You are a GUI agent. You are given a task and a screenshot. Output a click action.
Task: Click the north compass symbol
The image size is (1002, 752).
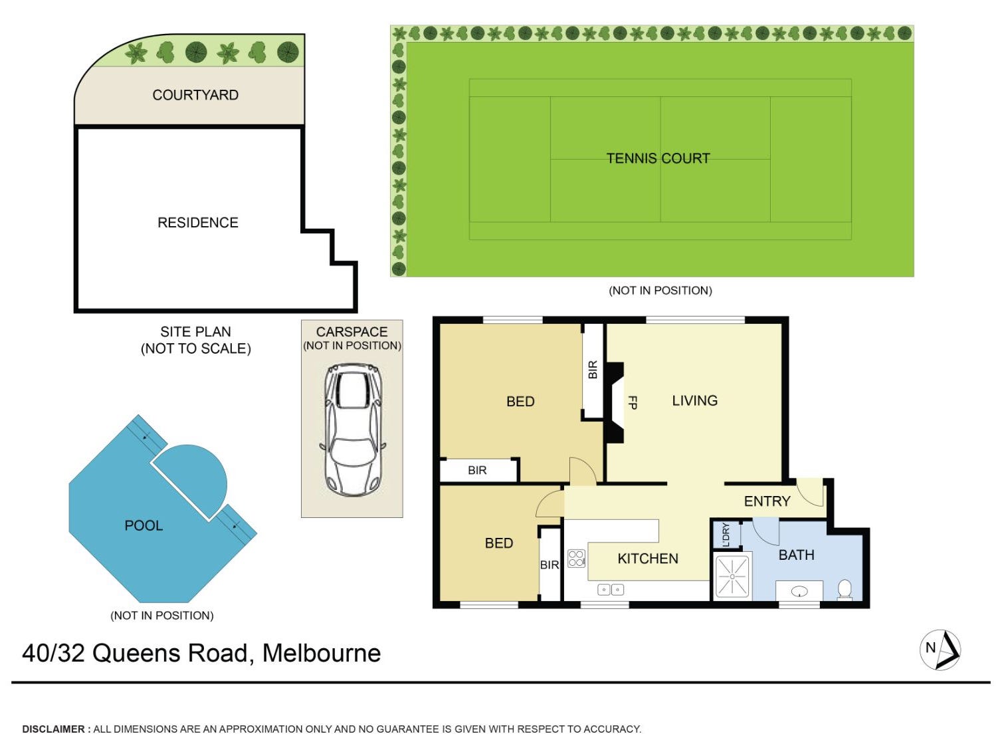point(940,650)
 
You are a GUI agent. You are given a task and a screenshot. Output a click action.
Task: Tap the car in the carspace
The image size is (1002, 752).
point(352,430)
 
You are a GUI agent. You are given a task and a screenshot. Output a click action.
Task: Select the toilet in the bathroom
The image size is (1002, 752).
point(845,590)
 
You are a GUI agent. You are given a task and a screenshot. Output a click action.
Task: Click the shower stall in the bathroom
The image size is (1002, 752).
point(732,576)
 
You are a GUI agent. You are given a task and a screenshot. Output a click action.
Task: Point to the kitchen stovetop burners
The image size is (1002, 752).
point(576,559)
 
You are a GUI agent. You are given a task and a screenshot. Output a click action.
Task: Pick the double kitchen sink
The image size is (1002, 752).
point(611,590)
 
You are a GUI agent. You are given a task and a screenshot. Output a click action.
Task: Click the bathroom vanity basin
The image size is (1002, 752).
point(799,592)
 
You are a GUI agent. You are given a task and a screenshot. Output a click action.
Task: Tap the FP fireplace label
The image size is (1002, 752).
point(632,402)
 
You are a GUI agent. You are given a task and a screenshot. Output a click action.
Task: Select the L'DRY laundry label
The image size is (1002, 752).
point(726,535)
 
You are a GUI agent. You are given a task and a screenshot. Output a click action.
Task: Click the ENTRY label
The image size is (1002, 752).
point(767,501)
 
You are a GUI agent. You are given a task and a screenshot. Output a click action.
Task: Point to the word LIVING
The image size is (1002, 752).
point(694,400)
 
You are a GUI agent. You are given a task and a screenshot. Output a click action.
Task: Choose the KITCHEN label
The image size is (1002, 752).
point(648,559)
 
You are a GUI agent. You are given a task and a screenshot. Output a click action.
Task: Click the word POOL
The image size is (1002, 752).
point(144,525)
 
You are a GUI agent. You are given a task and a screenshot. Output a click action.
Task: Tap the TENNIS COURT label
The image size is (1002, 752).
point(658,158)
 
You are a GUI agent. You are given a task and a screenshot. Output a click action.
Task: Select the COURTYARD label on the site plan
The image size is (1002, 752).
point(195,95)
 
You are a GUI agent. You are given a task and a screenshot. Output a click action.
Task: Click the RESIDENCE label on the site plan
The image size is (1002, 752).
point(197,222)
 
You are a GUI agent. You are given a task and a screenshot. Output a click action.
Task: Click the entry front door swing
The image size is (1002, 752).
point(810,492)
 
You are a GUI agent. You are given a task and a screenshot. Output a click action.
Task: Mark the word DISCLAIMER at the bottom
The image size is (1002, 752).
point(53,729)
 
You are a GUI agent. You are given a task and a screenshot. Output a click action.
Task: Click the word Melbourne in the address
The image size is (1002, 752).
point(322,653)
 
